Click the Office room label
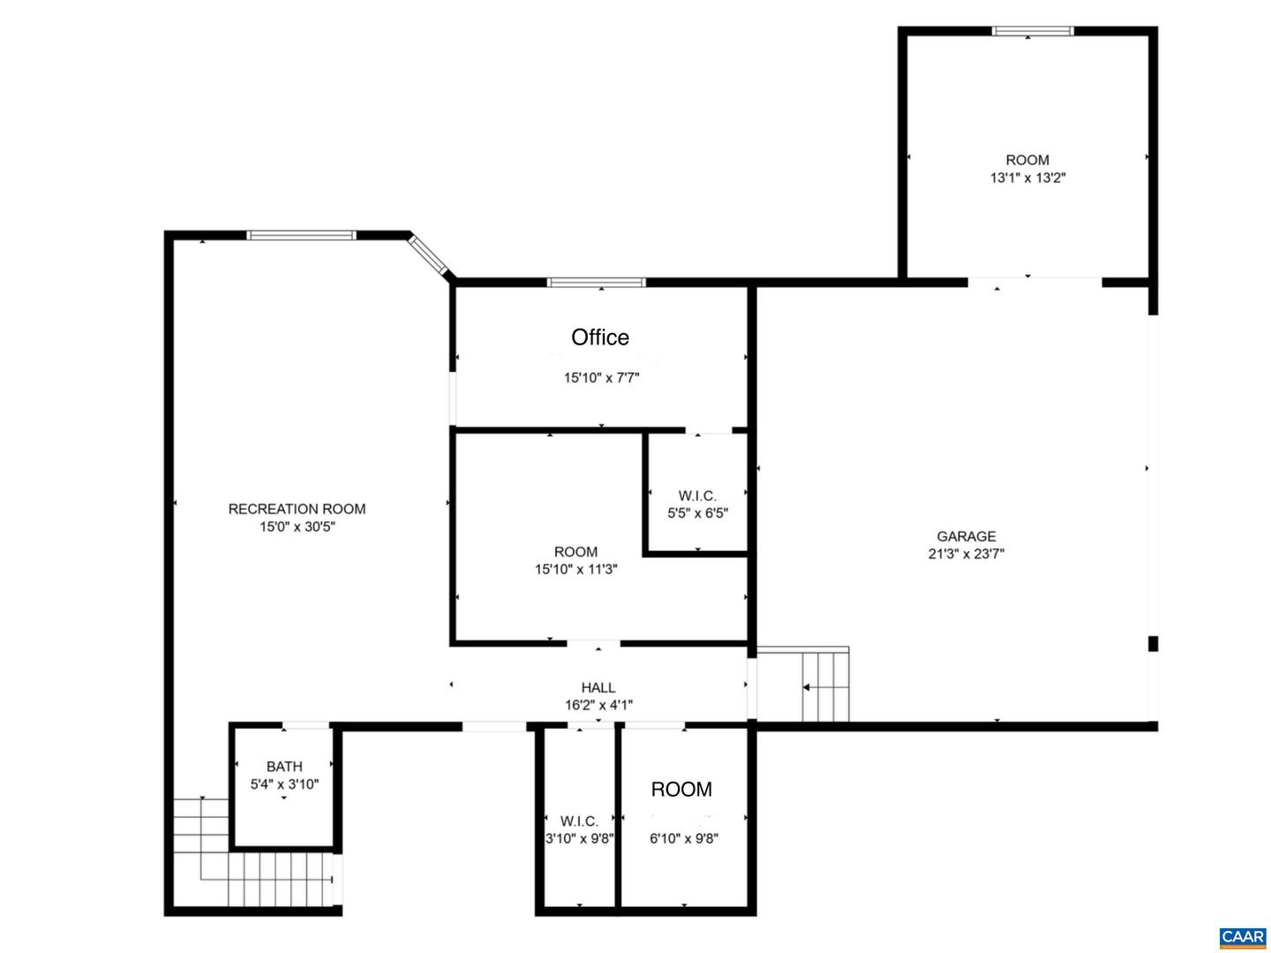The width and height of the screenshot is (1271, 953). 599,337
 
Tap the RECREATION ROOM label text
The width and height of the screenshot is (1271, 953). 297,509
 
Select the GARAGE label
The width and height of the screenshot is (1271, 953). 966,536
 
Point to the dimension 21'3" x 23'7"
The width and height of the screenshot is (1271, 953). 966,553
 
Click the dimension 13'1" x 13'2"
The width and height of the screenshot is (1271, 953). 1027,178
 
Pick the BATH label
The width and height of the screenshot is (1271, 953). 284,767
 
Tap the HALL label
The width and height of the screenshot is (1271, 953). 598,687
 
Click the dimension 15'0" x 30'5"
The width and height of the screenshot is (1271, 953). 297,526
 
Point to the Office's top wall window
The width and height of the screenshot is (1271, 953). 597,282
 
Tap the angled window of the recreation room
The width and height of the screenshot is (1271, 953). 428,254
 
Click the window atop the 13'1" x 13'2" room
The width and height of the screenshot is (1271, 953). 1033,31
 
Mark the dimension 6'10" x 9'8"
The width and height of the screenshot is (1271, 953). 683,838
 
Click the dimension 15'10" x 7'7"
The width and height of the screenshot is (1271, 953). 602,378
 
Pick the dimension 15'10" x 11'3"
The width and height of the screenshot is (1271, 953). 575,569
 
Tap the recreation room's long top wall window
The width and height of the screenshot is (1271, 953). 301,235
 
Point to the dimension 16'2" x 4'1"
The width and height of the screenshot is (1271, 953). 598,705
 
